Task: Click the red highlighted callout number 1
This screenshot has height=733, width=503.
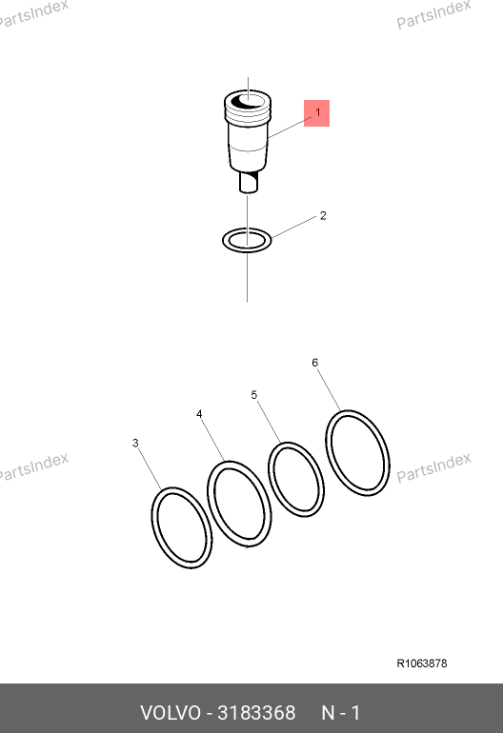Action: (317, 113)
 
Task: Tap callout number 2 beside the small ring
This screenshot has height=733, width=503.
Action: (323, 215)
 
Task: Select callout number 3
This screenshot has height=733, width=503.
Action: (135, 443)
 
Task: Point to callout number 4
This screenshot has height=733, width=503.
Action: (199, 414)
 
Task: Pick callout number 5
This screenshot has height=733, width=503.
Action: (254, 395)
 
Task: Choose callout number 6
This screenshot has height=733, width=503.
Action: (315, 363)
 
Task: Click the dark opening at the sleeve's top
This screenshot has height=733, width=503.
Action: (247, 101)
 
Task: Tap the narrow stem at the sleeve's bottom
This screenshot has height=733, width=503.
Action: (249, 182)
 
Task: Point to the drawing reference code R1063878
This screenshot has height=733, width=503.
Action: (422, 664)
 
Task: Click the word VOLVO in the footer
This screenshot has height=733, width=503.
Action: (171, 713)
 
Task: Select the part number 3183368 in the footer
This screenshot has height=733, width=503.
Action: (256, 713)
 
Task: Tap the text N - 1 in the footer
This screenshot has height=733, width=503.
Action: (341, 713)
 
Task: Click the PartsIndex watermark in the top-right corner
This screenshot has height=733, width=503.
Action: (433, 14)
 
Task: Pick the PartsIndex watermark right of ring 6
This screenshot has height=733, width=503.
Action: (433, 467)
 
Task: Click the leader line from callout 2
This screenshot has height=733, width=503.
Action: (294, 228)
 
